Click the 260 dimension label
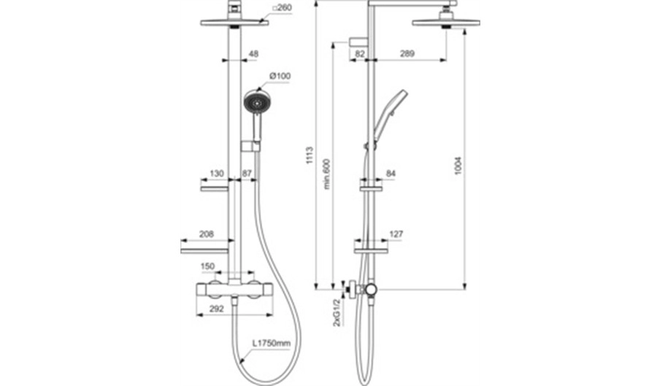(x=282, y=7)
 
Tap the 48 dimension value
(x=253, y=54)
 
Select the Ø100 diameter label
(x=280, y=76)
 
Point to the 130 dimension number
(x=216, y=173)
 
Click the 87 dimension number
(x=247, y=173)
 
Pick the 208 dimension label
(x=206, y=233)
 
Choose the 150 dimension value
(x=207, y=266)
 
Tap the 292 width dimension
(x=216, y=309)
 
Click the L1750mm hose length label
(x=272, y=343)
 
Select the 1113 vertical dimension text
(x=310, y=155)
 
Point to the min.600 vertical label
(x=327, y=174)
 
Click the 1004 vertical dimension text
(x=458, y=166)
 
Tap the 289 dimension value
(x=407, y=53)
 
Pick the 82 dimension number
(x=360, y=53)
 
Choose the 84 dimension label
(x=391, y=173)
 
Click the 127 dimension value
(x=396, y=233)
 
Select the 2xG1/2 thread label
(x=337, y=313)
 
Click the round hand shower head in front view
(x=255, y=102)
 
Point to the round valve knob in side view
(x=371, y=289)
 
